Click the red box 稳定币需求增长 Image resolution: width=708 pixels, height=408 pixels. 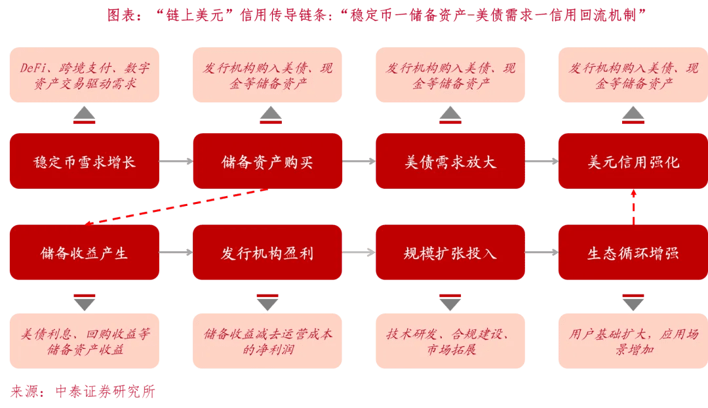[x=84, y=161]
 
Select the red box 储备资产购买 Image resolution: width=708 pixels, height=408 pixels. [x=267, y=161]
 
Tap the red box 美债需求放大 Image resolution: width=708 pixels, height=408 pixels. [x=450, y=161]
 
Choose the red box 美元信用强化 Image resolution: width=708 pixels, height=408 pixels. [x=633, y=161]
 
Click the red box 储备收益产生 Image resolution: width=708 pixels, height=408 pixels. [x=84, y=253]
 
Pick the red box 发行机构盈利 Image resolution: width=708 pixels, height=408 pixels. [x=267, y=253]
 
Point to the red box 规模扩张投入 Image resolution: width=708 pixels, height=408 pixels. [x=450, y=253]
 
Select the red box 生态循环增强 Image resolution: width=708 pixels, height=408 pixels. [x=633, y=253]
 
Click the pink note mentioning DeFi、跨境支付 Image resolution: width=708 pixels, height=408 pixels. [x=84, y=75]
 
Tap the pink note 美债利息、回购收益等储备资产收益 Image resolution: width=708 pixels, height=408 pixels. [x=84, y=341]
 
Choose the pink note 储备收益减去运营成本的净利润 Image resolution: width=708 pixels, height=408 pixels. [x=267, y=341]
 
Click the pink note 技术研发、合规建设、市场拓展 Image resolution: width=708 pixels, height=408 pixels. [x=450, y=341]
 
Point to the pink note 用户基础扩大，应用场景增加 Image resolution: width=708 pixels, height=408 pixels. [x=633, y=341]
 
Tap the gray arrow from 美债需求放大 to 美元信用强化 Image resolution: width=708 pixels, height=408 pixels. [x=541, y=161]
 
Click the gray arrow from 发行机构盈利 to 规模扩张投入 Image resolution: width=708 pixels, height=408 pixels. [x=359, y=253]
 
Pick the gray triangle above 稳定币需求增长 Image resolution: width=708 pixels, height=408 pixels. [x=85, y=114]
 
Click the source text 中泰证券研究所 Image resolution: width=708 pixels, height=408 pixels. [x=105, y=392]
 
